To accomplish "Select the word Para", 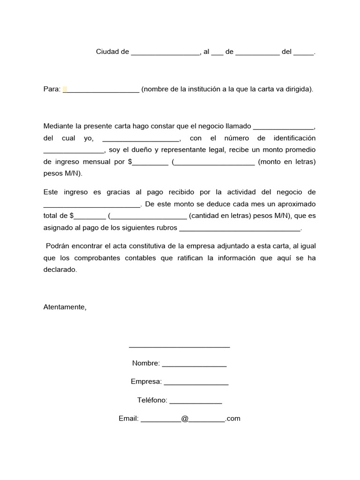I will point(52,89).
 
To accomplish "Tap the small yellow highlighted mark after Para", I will point(65,89).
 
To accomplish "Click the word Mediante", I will point(59,127).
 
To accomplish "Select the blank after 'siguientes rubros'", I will point(240,229).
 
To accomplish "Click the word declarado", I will point(59,270).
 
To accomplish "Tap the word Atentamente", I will point(65,307).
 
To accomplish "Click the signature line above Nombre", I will point(179,347).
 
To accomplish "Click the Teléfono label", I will point(152,400).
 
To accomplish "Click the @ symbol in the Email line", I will point(185,419).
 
